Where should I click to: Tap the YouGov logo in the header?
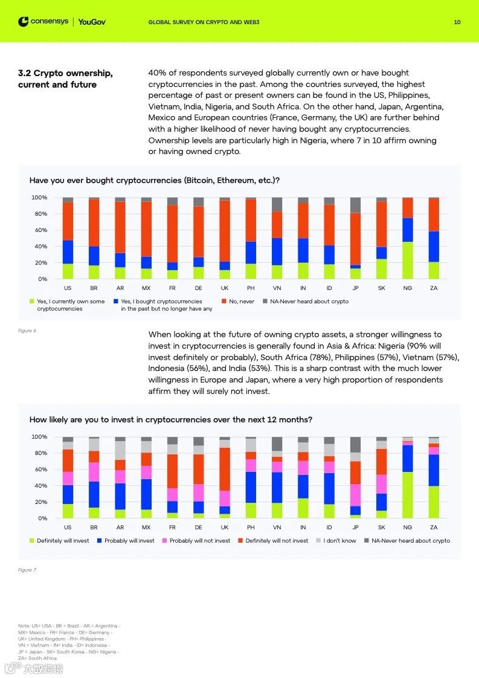point(92,22)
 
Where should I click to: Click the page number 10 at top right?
point(457,22)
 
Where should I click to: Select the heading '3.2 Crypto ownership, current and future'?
point(65,79)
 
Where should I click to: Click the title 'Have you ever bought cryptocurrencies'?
point(154,180)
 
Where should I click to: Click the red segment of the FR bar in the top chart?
point(173,233)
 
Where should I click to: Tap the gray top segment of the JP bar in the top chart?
point(355,205)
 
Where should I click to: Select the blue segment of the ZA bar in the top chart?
point(434,247)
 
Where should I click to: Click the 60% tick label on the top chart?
point(39,230)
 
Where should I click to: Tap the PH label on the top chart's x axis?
point(251,288)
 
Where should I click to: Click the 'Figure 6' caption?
point(27,331)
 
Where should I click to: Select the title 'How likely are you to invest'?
point(171,419)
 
